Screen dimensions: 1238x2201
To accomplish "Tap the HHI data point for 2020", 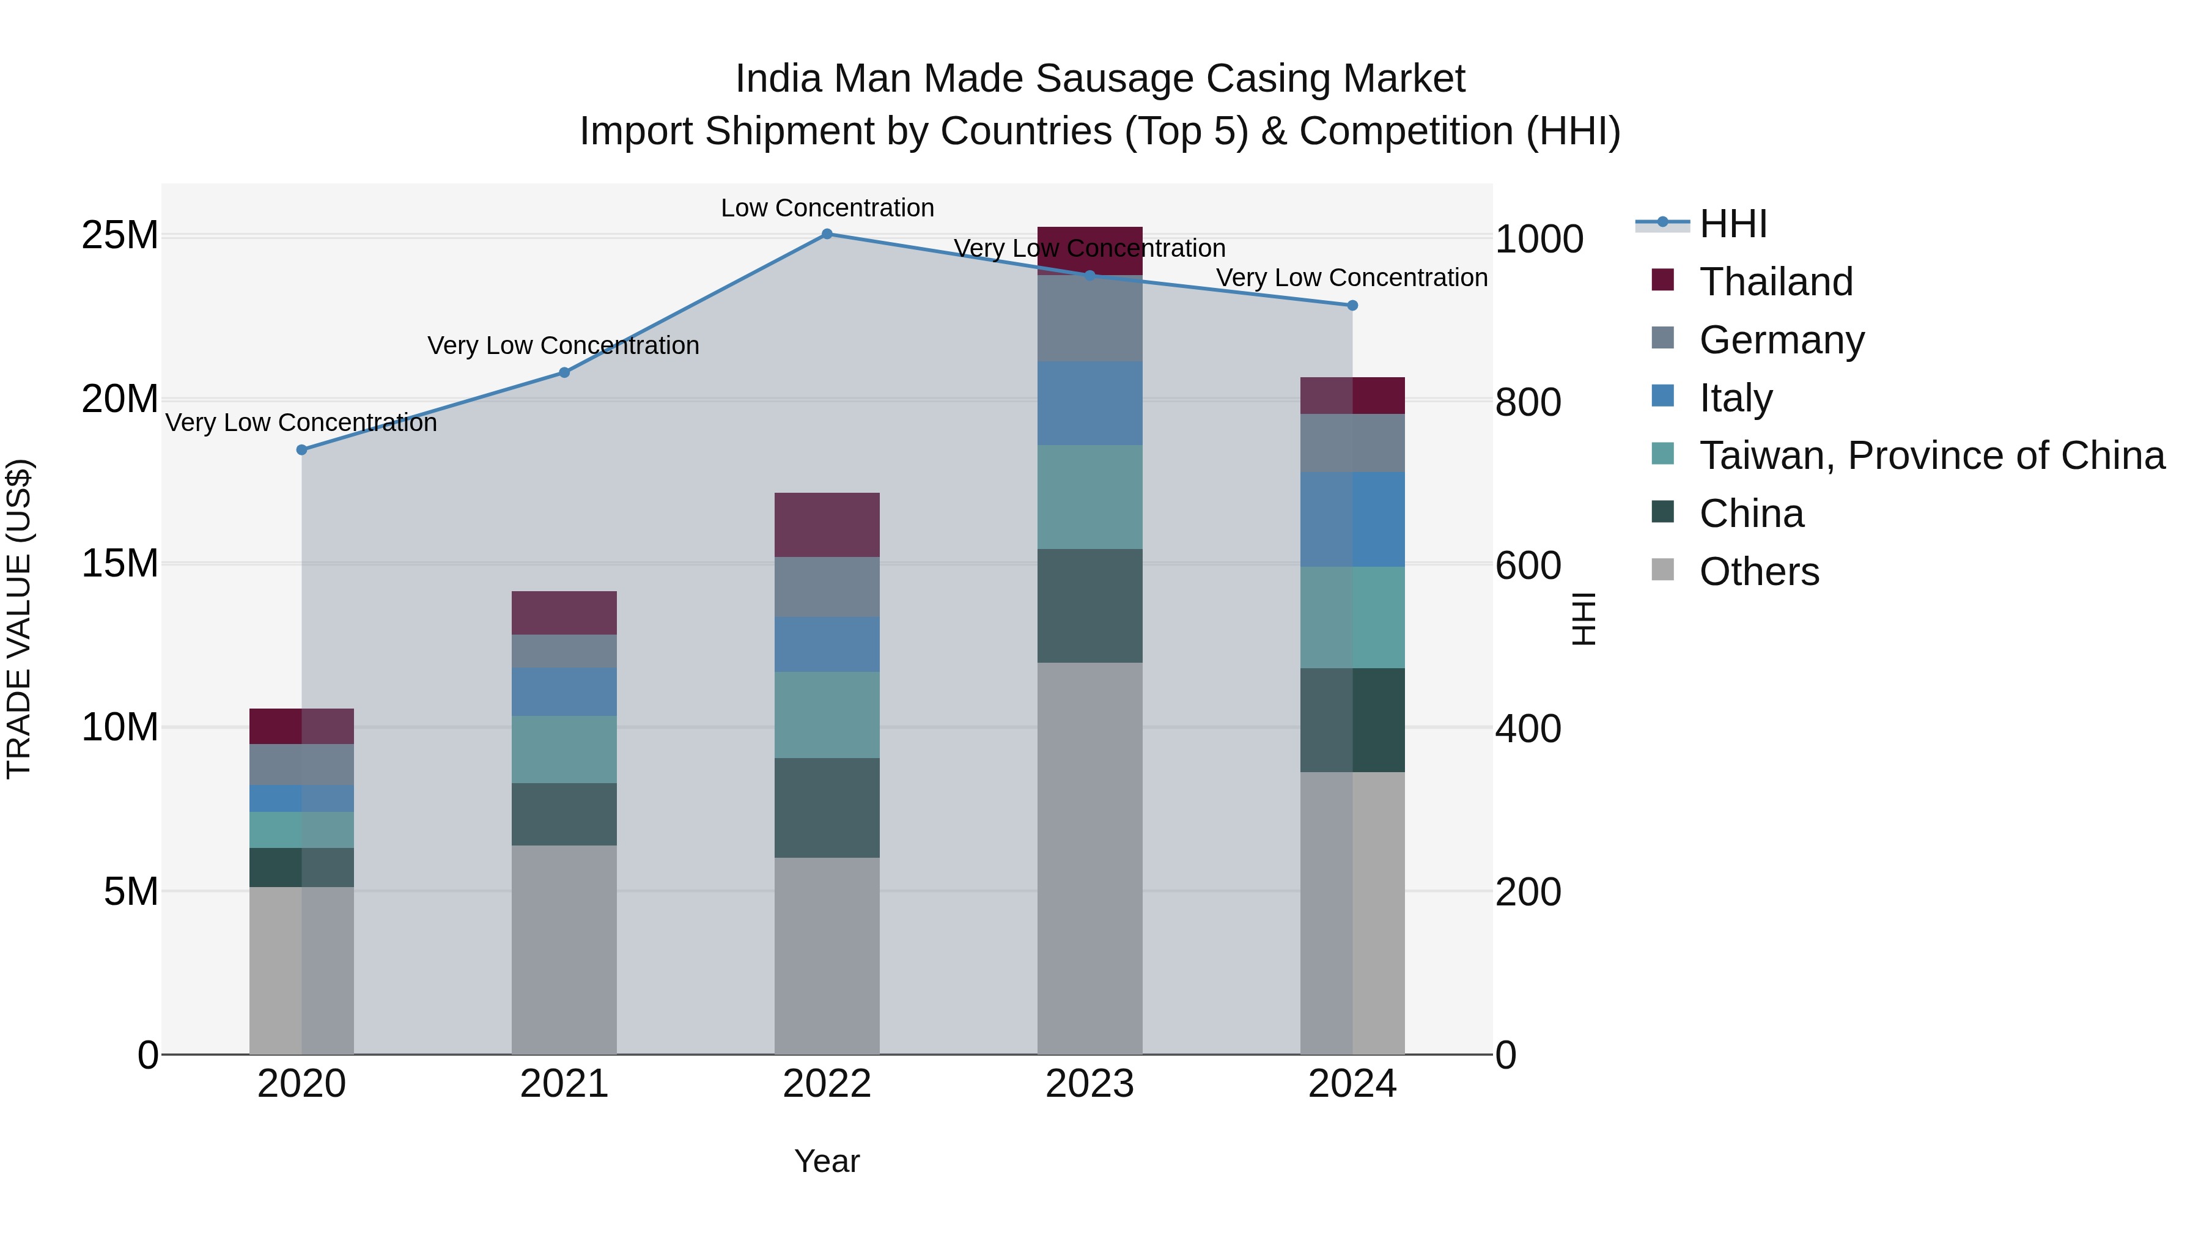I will [301, 449].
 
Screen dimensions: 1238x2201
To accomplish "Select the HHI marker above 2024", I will [1352, 305].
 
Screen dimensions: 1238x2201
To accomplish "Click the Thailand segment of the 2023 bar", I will [1089, 250].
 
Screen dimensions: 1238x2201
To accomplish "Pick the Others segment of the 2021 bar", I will [564, 948].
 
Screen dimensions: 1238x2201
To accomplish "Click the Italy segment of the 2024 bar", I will [1352, 518].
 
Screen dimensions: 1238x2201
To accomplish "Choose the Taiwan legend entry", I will [1931, 455].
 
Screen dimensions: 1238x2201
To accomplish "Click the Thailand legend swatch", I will [1663, 279].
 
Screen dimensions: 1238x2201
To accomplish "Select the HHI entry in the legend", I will [1733, 224].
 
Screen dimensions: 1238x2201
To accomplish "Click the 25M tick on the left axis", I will [120, 235].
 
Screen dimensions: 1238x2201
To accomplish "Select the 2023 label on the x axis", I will [1089, 1084].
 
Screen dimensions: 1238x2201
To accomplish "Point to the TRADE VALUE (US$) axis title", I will [19, 619].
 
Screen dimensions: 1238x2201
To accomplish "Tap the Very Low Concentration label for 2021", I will [563, 345].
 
